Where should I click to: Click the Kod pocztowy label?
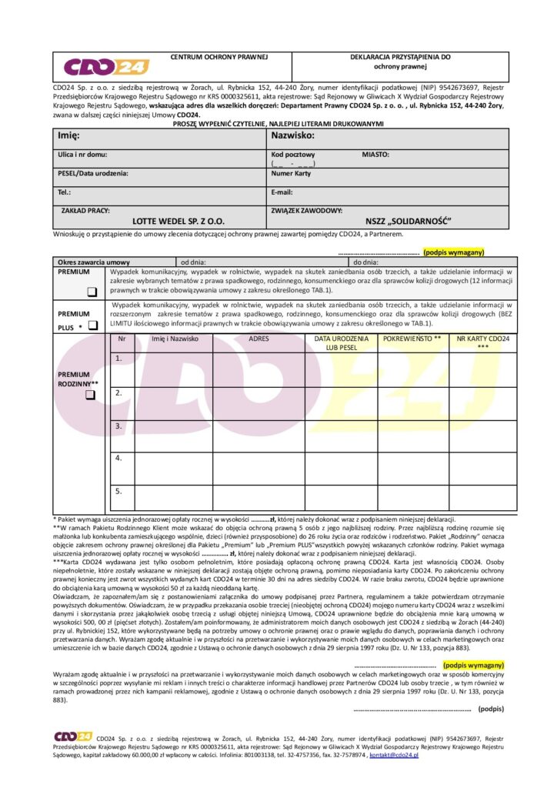pos(293,155)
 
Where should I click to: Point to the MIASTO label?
pos(375,155)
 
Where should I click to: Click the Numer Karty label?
pos(291,174)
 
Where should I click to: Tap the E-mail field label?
pos(282,192)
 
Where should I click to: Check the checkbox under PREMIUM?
pos(91,292)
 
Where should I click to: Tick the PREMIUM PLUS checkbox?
pos(92,326)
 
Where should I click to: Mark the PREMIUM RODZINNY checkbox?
pos(90,395)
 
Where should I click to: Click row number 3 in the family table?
pos(118,426)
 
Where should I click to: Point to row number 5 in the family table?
pos(118,491)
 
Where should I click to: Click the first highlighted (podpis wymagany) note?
pos(454,252)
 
